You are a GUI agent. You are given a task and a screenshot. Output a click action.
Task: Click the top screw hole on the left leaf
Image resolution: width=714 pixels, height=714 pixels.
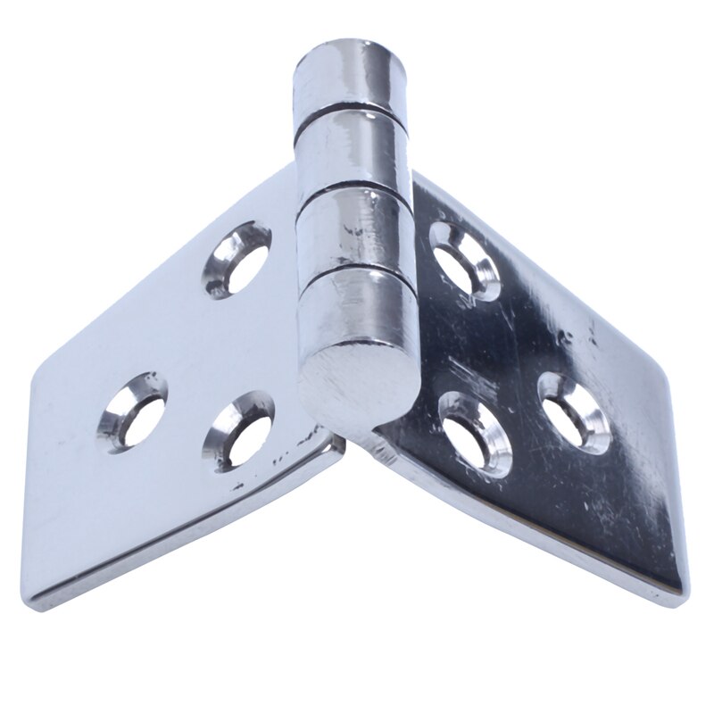point(237,259)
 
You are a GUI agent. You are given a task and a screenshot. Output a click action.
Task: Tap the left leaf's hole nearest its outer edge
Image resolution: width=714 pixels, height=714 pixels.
point(132,412)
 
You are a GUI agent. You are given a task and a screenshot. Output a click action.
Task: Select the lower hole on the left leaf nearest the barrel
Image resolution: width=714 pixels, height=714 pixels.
point(238,430)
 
